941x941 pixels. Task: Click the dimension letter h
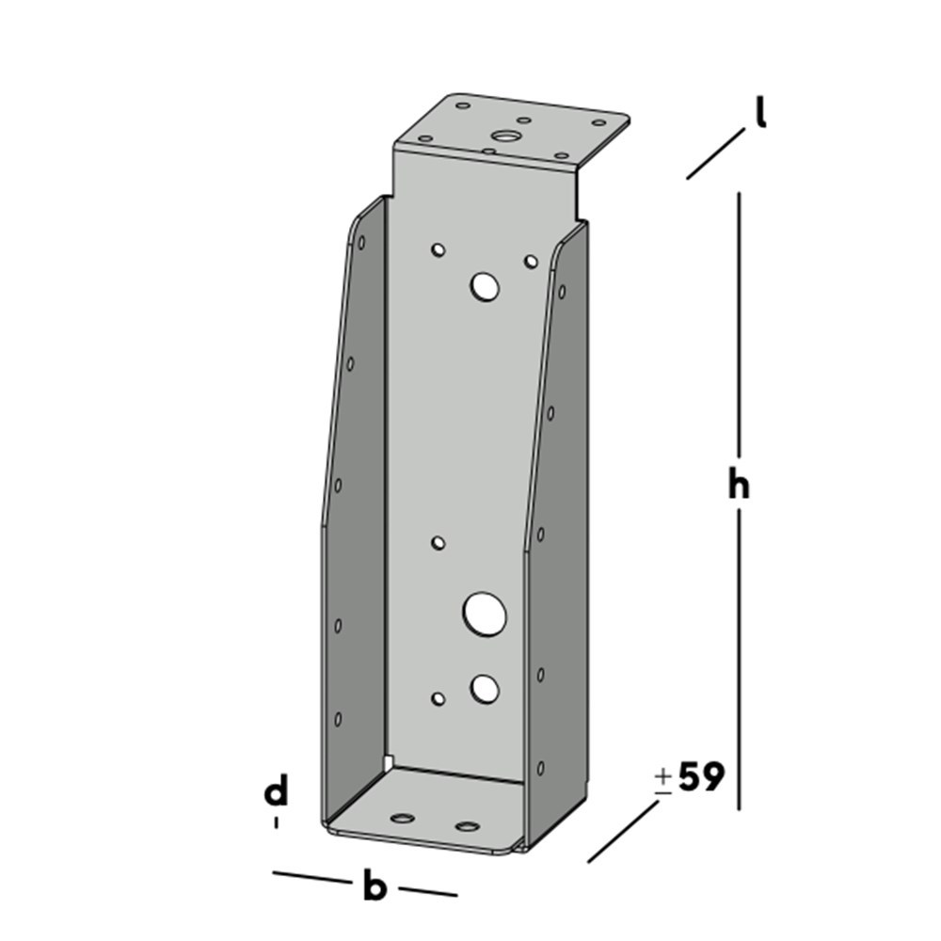point(740,485)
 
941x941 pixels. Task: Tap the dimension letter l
point(759,114)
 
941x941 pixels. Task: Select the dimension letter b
point(375,885)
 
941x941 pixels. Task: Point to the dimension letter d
point(275,794)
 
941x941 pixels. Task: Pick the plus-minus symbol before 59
point(663,781)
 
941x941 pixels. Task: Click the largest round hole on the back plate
point(485,614)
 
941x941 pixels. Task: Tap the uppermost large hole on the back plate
point(486,285)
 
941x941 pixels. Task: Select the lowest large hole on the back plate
point(485,689)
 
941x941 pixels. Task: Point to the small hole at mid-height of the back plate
point(438,542)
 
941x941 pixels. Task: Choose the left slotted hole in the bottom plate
point(405,818)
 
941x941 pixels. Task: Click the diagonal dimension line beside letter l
point(716,154)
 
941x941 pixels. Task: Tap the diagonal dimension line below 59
point(623,831)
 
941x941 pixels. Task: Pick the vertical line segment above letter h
point(739,320)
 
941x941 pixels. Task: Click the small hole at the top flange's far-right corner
point(598,122)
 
